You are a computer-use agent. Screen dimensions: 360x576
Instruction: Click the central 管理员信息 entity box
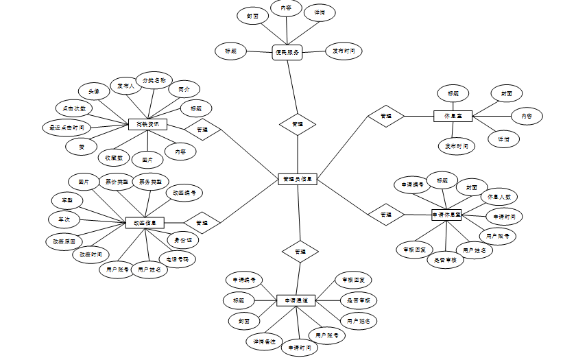pos(297,179)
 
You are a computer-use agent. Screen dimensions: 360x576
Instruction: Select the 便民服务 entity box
pos(287,51)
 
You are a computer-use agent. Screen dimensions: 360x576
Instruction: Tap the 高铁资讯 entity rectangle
pos(147,124)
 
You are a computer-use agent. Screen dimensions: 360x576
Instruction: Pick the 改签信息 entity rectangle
pos(145,223)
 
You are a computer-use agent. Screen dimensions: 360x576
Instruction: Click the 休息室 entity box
pos(453,116)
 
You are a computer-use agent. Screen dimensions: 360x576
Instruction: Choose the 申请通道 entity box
pos(296,300)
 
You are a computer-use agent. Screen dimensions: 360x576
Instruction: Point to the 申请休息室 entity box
pos(446,215)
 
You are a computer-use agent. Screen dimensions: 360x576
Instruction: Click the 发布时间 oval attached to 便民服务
pos(343,51)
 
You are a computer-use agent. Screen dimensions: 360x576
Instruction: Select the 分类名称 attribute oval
pos(154,80)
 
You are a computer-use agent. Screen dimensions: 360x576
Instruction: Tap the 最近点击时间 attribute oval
pos(67,127)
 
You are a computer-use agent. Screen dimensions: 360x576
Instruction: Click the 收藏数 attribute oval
pos(114,157)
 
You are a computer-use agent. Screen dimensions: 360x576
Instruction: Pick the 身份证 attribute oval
pos(184,241)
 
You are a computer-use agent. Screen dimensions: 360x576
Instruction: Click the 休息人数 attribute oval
pos(500,197)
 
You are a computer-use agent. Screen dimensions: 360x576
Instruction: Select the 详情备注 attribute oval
pos(263,341)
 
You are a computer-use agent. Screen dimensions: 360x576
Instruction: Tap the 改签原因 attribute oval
pos(64,241)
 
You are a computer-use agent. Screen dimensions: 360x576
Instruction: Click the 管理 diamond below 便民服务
pos(298,125)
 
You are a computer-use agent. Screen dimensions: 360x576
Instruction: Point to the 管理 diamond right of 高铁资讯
pos(202,129)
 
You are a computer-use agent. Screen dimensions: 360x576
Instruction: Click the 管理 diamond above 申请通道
pos(300,252)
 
